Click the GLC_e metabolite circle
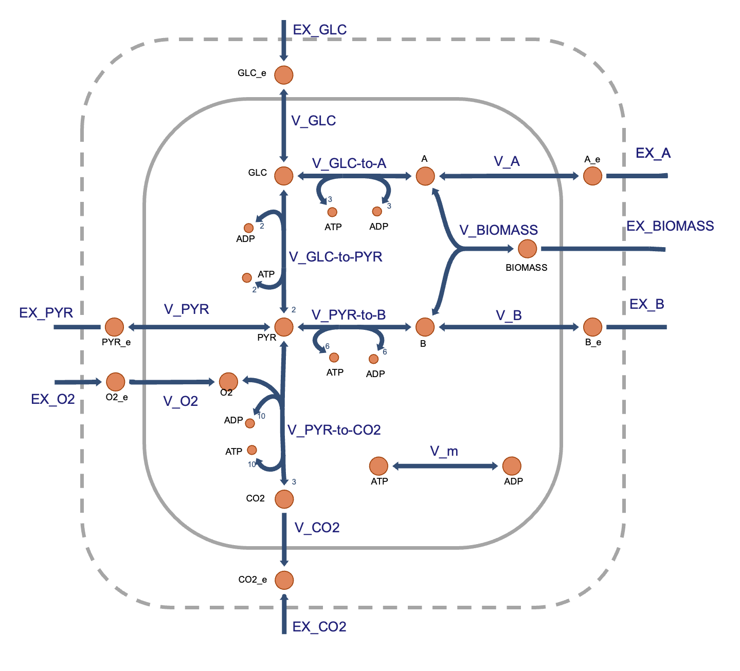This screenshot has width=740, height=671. (x=284, y=75)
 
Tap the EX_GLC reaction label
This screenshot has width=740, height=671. (x=319, y=30)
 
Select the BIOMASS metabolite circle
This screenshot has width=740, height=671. (x=527, y=249)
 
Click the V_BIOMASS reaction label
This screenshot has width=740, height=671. (x=498, y=230)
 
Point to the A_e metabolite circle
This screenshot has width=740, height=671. (x=592, y=176)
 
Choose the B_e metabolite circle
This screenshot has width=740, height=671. (x=592, y=327)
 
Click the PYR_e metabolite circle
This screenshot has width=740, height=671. (x=114, y=327)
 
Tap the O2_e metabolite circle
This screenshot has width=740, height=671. (x=116, y=382)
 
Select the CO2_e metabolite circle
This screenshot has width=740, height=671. (x=284, y=580)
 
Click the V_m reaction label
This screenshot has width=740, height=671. (x=444, y=451)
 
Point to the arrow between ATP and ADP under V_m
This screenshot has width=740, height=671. (x=445, y=466)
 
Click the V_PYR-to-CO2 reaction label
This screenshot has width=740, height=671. (x=334, y=430)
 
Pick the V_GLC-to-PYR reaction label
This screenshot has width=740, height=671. (x=335, y=257)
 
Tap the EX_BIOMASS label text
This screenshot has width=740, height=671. (x=670, y=226)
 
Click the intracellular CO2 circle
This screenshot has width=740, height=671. (x=284, y=498)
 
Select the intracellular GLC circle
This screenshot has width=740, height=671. (x=284, y=176)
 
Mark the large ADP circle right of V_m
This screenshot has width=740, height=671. (x=512, y=466)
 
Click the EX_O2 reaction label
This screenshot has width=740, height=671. (x=53, y=399)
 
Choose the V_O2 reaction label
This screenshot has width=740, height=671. (x=181, y=401)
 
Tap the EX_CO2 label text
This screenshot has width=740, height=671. (x=319, y=627)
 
